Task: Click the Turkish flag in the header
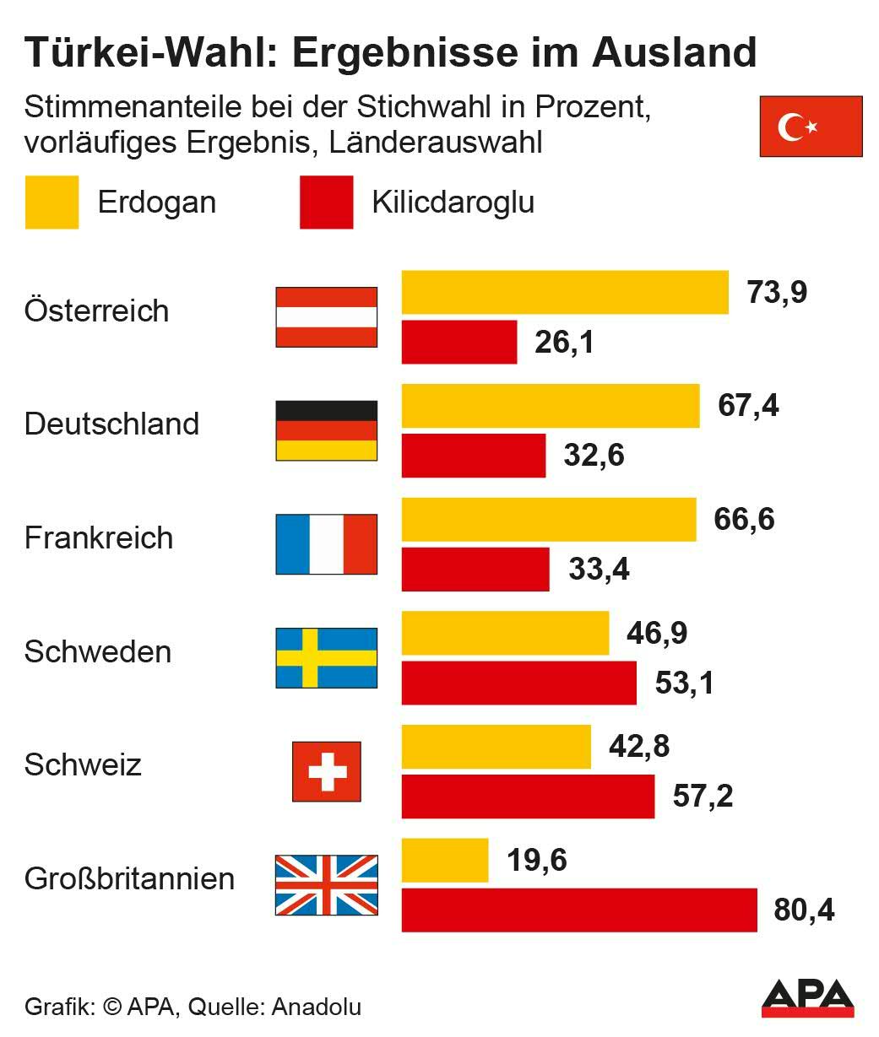(x=811, y=127)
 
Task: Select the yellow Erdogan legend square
(x=52, y=203)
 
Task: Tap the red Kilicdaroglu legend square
(x=326, y=203)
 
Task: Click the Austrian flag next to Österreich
(x=327, y=317)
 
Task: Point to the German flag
(x=327, y=430)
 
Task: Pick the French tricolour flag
(x=327, y=544)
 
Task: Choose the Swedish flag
(x=327, y=658)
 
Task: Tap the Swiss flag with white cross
(x=327, y=771)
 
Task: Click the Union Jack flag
(x=327, y=885)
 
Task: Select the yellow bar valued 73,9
(x=564, y=292)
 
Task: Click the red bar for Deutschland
(x=473, y=456)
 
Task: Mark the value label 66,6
(x=744, y=519)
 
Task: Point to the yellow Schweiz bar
(x=496, y=747)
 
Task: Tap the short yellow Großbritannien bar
(x=444, y=861)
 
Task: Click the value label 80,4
(x=804, y=910)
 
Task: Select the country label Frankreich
(x=99, y=538)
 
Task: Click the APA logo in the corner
(x=807, y=998)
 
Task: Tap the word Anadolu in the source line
(x=317, y=1007)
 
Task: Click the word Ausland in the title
(x=674, y=52)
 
